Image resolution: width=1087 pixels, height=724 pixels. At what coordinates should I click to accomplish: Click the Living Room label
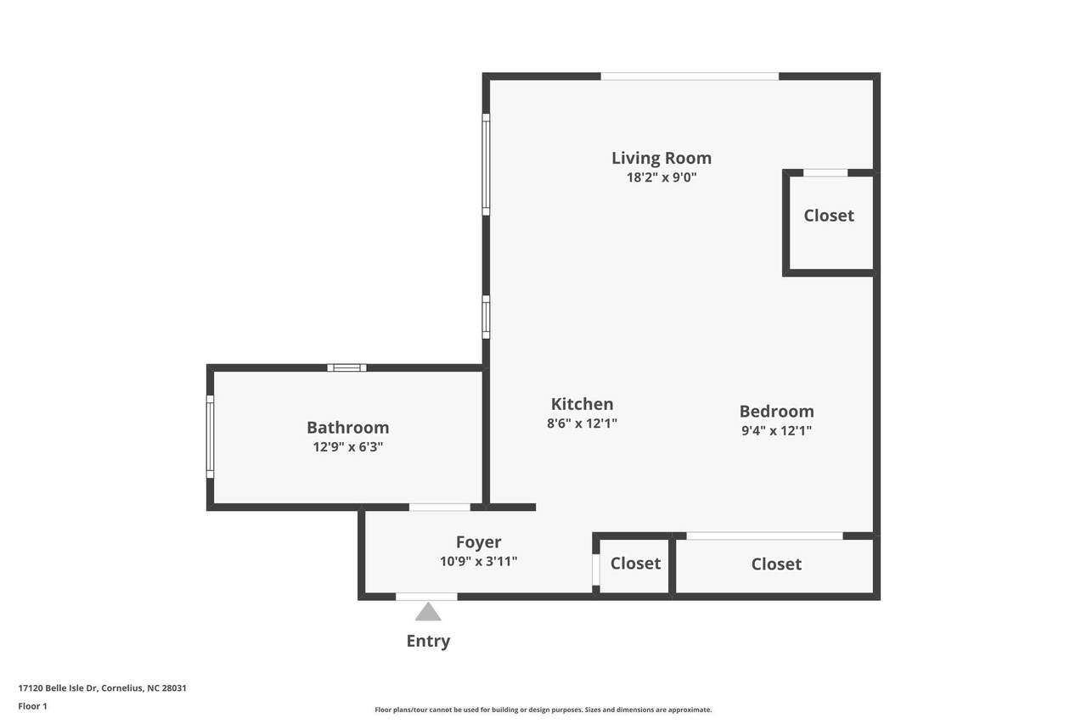[x=661, y=158]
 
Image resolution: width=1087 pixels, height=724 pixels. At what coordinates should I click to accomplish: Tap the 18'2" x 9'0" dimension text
[x=662, y=177]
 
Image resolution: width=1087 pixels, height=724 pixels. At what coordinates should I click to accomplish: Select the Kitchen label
[x=582, y=403]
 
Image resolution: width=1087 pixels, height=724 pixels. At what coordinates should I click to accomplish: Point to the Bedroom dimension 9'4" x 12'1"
[x=776, y=430]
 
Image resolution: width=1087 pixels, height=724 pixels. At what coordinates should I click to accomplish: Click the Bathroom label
[x=348, y=427]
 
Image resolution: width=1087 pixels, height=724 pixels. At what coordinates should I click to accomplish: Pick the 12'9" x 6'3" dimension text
[x=348, y=446]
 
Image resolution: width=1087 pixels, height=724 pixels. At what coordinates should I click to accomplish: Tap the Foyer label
[x=478, y=542]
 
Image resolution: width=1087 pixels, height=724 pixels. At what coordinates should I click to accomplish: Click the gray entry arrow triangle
[x=428, y=612]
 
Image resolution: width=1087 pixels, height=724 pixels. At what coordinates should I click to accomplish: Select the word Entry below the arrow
[x=428, y=641]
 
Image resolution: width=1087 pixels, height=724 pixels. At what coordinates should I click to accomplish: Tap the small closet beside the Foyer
[x=634, y=566]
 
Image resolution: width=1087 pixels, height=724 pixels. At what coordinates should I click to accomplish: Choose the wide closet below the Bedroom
[x=774, y=566]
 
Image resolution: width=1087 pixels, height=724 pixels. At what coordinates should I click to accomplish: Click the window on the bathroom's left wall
[x=210, y=436]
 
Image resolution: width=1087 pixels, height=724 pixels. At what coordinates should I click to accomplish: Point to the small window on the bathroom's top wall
[x=346, y=368]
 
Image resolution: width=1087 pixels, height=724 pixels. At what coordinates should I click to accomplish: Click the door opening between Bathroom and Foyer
[x=440, y=508]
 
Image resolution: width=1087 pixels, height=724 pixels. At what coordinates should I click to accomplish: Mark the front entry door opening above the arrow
[x=426, y=597]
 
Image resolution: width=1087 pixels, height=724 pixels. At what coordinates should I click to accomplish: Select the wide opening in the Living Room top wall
[x=690, y=76]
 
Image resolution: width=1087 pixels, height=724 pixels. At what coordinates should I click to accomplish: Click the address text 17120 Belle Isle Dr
[x=59, y=688]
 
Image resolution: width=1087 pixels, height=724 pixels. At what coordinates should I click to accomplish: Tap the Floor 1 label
[x=32, y=706]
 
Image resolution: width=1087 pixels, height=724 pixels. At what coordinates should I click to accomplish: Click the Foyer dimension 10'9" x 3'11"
[x=478, y=561]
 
